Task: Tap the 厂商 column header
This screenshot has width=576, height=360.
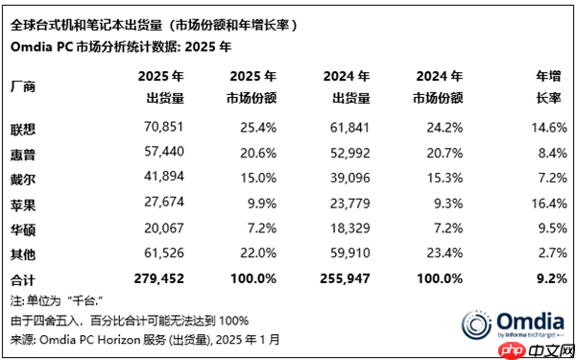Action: click(x=23, y=86)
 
